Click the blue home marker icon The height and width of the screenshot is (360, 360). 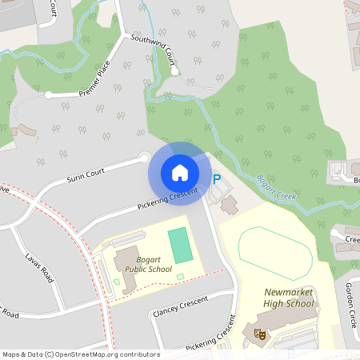coord(180,173)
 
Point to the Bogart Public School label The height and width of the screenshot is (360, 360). coord(148,265)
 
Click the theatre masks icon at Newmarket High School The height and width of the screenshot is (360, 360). coord(258,334)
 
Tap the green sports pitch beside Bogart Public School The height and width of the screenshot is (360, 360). coord(180,245)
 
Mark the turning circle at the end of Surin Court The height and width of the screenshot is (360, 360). coord(145,158)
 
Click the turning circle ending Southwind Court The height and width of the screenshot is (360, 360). coord(174,72)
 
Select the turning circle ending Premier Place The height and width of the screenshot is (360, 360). coord(49,94)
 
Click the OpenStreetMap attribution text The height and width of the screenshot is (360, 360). coord(81,354)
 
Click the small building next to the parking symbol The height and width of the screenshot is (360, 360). coord(230,205)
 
